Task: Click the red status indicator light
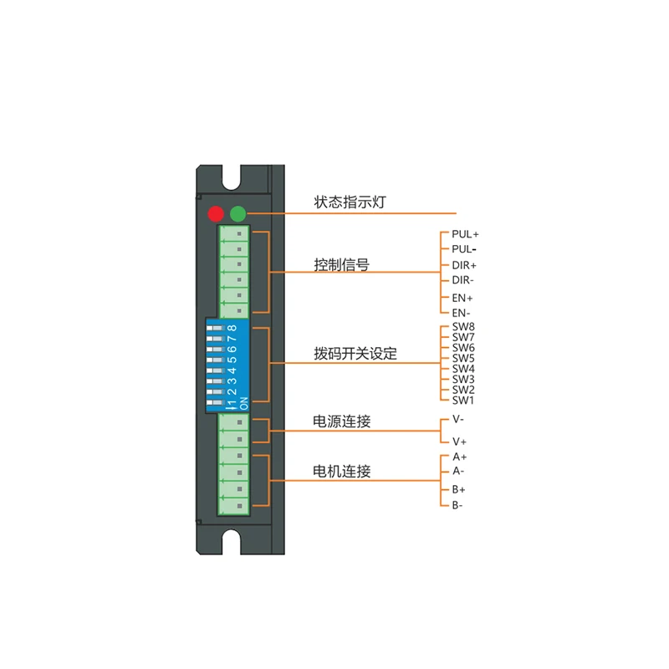click(x=217, y=212)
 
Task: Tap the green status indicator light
click(x=238, y=212)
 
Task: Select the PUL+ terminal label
click(x=465, y=234)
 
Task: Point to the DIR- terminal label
click(x=463, y=280)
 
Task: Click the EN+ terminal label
click(x=462, y=298)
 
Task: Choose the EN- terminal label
click(x=462, y=314)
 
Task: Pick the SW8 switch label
click(x=463, y=327)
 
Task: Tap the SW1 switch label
click(x=463, y=400)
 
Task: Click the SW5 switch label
click(x=463, y=358)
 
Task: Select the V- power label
click(x=458, y=421)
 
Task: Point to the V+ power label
click(x=459, y=441)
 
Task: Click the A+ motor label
click(x=459, y=457)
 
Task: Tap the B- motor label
click(x=458, y=505)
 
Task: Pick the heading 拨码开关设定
click(x=355, y=354)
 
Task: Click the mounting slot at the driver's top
click(x=232, y=177)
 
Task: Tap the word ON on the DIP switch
click(x=244, y=404)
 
